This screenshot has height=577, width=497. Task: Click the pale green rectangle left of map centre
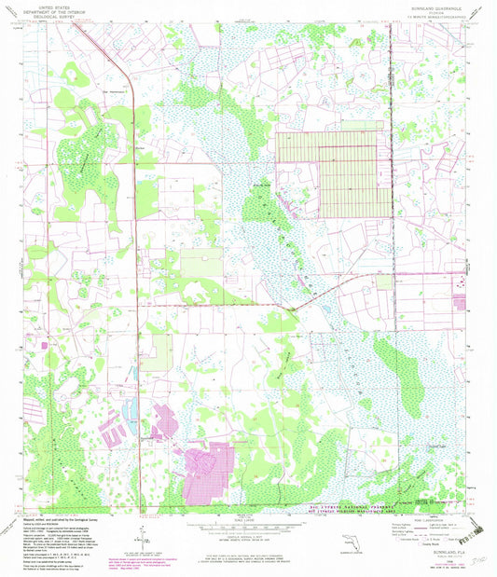point(201,264)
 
